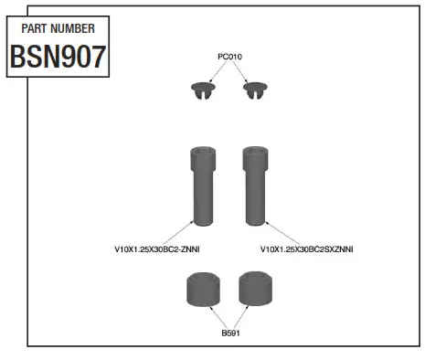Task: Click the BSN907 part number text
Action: [57, 58]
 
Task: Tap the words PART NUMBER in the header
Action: [57, 28]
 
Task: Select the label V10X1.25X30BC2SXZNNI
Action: [307, 249]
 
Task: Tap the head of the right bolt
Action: [254, 158]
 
